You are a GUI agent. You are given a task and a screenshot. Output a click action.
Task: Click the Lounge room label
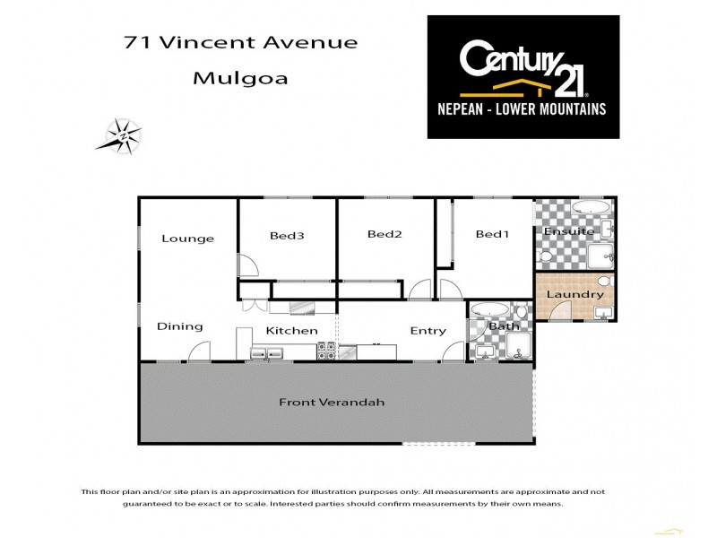(x=187, y=239)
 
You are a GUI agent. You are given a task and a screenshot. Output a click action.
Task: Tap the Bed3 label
(x=287, y=236)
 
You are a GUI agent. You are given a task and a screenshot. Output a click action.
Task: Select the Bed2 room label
(x=384, y=234)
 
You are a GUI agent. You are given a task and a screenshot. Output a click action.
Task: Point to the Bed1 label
(x=492, y=234)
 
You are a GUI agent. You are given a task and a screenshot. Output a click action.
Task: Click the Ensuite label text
(x=569, y=231)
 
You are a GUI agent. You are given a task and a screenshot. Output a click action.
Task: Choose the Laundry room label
(x=574, y=294)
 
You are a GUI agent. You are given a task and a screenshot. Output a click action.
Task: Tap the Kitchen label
(x=291, y=330)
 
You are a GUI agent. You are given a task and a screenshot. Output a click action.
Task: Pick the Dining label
(x=179, y=326)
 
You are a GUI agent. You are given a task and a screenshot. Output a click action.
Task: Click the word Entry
(x=428, y=330)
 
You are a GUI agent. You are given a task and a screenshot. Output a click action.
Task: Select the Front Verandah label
(x=331, y=402)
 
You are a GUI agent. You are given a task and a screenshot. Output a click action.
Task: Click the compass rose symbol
(x=121, y=136)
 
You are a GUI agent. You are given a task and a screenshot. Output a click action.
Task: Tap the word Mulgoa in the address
(x=240, y=78)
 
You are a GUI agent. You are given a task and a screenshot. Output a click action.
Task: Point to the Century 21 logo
(x=523, y=66)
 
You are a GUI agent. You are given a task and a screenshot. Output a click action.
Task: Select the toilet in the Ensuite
(x=608, y=259)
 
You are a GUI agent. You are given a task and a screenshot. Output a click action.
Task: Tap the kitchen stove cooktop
(x=326, y=351)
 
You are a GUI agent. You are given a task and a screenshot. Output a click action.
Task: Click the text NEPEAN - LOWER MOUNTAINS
(x=523, y=109)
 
